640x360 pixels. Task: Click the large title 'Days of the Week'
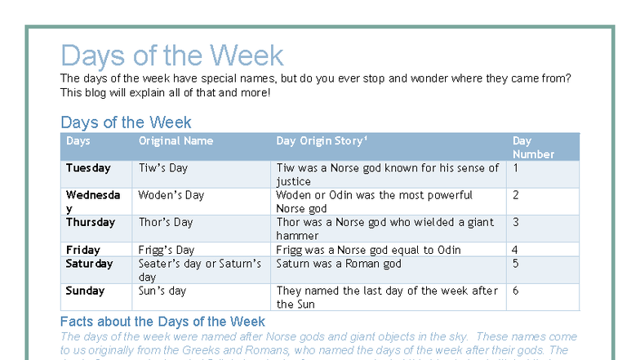point(172,56)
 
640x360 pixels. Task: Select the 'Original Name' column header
point(176,141)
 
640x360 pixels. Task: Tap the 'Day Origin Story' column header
point(322,141)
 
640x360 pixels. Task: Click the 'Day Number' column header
point(533,148)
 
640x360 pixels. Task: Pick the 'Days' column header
point(78,141)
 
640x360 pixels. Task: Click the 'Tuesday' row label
point(88,168)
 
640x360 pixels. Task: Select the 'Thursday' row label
point(91,222)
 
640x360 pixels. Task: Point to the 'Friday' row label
point(83,250)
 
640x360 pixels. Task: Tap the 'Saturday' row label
point(90,264)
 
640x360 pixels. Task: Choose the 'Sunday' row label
point(85,291)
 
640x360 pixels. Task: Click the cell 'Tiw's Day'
point(163,168)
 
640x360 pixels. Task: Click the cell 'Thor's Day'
point(166,222)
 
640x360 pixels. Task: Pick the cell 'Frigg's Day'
point(167,250)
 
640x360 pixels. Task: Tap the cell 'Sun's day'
point(162,291)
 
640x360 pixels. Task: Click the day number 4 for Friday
point(515,250)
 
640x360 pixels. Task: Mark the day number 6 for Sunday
point(515,291)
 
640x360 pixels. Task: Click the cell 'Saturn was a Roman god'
point(339,264)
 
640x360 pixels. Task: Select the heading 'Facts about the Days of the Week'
point(162,321)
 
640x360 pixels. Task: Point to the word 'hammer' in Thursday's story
point(298,236)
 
